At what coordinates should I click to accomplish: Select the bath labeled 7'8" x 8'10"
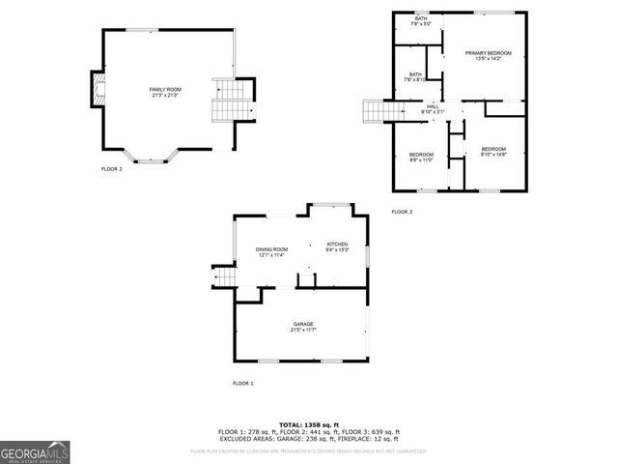[415, 77]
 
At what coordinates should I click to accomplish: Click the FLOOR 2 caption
[112, 169]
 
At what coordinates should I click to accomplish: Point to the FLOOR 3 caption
[402, 212]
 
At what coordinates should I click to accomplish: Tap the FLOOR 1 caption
[242, 384]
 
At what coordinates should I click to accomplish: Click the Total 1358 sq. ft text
[308, 424]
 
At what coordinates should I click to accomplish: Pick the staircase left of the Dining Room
[224, 278]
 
